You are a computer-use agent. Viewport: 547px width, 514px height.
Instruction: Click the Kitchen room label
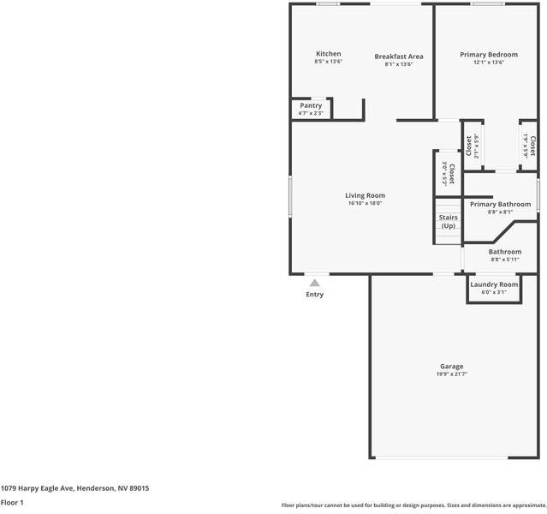tap(328, 54)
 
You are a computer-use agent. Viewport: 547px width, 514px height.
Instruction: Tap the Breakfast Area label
tap(398, 57)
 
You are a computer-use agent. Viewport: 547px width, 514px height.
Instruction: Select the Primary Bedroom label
tap(488, 54)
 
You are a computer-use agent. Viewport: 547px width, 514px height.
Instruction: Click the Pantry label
tap(311, 105)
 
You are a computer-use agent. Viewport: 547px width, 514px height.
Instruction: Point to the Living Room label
tap(365, 195)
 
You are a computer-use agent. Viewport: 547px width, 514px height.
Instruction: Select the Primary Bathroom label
tap(500, 204)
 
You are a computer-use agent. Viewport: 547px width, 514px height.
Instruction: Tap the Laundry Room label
tap(494, 284)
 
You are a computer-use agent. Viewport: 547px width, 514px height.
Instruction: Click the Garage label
tap(452, 366)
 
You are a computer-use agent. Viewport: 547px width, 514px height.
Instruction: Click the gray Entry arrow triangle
tap(315, 282)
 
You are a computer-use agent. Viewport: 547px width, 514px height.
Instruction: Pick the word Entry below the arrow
tap(315, 295)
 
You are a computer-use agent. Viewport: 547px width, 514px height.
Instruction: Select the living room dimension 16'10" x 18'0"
tap(365, 203)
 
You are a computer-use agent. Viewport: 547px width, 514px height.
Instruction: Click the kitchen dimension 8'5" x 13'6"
tap(328, 62)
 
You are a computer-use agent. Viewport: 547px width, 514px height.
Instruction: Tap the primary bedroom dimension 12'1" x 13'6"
tap(488, 62)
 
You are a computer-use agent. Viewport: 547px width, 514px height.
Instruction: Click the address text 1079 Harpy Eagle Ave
tap(75, 487)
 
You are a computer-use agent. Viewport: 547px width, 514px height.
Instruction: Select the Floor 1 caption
tap(12, 503)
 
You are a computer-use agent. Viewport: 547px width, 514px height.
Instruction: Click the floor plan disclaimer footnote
tap(413, 505)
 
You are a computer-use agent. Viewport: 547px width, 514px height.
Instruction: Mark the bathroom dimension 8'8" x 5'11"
tap(504, 260)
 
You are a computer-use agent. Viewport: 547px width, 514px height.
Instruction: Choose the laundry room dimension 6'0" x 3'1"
tap(494, 292)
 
